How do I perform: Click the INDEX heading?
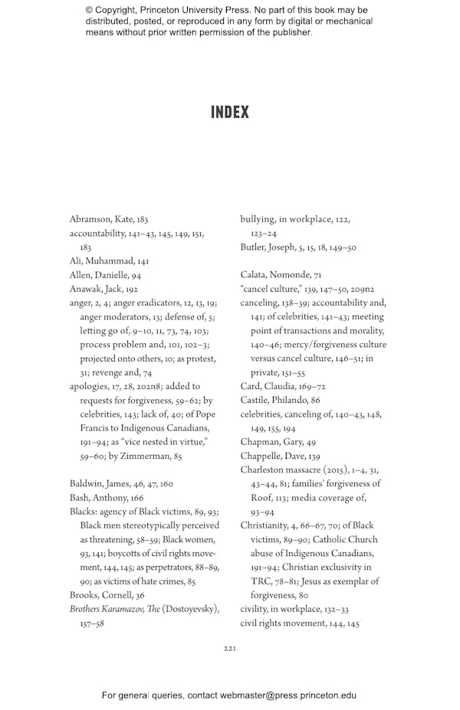click(x=230, y=113)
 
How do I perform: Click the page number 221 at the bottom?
click(x=229, y=649)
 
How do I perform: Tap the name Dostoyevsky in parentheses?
click(x=191, y=609)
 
